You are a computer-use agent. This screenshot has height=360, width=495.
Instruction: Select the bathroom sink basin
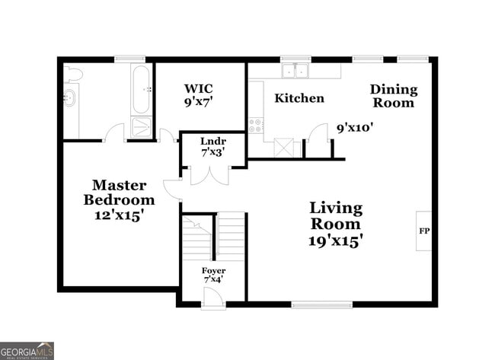70,97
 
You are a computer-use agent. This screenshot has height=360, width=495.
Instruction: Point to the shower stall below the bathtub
142,126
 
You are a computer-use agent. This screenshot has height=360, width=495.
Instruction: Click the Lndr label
212,142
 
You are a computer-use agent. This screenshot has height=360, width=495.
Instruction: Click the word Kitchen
299,98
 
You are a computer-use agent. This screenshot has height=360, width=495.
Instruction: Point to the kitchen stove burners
255,125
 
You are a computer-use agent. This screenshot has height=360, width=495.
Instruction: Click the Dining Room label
393,96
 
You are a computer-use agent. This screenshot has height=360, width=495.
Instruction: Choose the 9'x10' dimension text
355,128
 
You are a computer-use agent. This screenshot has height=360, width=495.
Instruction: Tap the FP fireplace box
423,231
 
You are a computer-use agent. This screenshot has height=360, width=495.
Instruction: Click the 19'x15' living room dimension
336,241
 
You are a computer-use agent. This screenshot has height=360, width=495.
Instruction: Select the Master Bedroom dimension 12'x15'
119,215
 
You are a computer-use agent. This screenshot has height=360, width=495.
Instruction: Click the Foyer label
213,271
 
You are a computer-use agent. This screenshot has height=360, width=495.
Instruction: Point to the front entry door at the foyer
214,300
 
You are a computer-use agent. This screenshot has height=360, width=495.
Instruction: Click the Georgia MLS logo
27,350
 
